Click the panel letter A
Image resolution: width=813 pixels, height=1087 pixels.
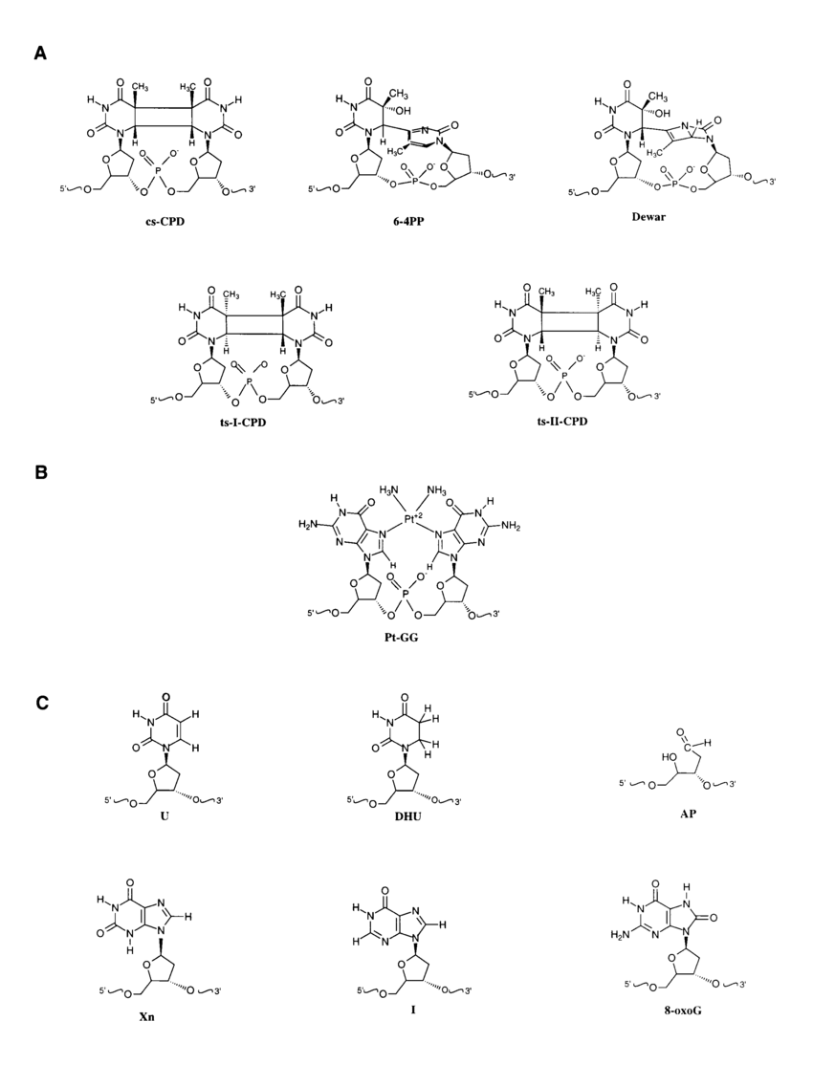coord(40,54)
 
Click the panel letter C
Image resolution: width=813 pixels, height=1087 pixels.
coord(41,704)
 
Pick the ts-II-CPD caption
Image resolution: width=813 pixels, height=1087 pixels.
coord(558,422)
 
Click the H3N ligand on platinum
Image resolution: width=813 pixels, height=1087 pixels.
coord(388,491)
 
